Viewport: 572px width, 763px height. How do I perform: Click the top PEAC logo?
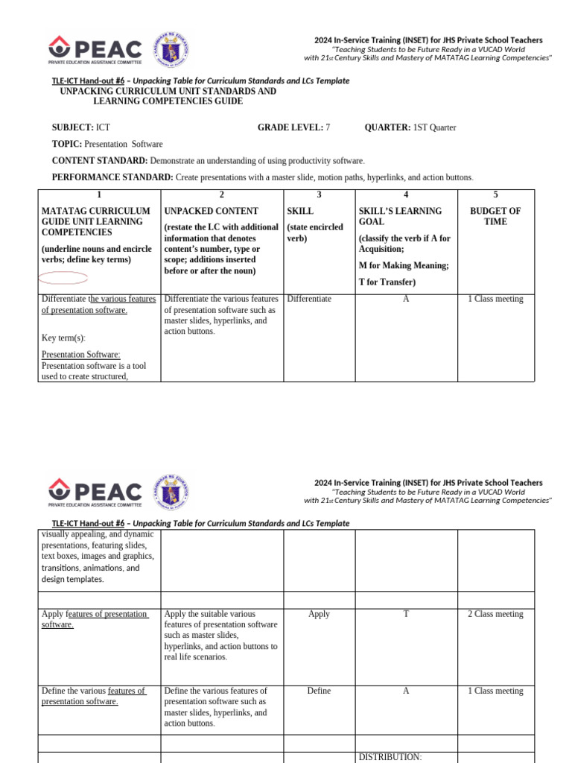[x=95, y=51]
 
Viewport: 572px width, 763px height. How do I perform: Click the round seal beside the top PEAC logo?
[x=171, y=51]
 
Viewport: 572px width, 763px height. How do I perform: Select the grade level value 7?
[x=328, y=127]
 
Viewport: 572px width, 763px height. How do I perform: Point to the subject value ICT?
[x=103, y=127]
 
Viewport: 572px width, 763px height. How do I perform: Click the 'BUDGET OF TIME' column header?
[x=495, y=216]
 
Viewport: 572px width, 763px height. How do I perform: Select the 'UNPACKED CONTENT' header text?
[x=212, y=211]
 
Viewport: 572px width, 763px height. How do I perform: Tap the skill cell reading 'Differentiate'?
[x=309, y=299]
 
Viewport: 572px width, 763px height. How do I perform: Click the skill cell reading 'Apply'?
[x=319, y=614]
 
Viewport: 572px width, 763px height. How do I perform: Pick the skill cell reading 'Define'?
[x=319, y=691]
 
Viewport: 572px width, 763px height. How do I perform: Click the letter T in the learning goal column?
[x=406, y=614]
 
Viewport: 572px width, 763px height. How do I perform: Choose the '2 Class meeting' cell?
[x=495, y=614]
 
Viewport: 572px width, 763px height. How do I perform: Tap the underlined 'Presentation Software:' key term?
[x=81, y=355]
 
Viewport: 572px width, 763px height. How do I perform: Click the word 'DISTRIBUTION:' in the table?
[x=390, y=757]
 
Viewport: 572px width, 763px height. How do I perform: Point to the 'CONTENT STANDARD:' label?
[x=100, y=160]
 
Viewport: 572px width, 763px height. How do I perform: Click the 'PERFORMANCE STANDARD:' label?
[x=112, y=177]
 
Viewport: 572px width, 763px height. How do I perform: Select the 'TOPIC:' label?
[x=67, y=144]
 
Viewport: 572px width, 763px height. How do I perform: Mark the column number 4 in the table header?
[x=406, y=194]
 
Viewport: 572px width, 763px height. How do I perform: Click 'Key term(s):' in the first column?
[x=63, y=338]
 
